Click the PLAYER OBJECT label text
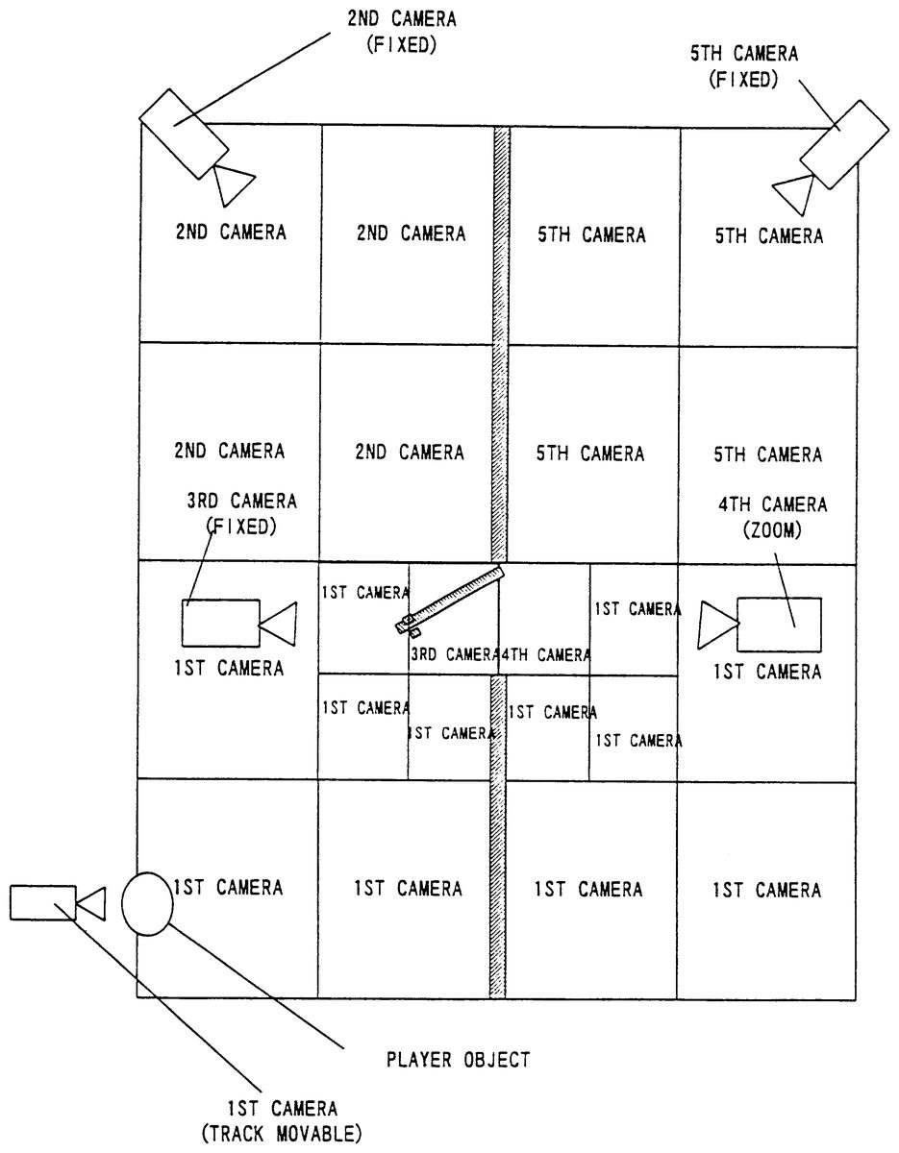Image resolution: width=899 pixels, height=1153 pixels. (x=459, y=1059)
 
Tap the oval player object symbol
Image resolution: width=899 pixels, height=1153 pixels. (x=147, y=903)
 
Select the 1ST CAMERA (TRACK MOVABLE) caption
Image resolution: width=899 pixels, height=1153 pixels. (x=282, y=1121)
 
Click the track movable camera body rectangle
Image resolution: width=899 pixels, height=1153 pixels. (x=43, y=902)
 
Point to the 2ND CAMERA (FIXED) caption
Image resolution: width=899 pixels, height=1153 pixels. (x=402, y=32)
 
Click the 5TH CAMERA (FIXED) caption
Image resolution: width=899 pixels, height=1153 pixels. (x=744, y=66)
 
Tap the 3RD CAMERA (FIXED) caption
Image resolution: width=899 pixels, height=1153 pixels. (x=241, y=514)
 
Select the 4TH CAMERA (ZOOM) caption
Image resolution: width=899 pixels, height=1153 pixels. (x=773, y=517)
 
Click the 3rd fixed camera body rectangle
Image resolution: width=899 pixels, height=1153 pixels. (x=221, y=623)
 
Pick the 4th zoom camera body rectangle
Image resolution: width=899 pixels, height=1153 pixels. (x=779, y=625)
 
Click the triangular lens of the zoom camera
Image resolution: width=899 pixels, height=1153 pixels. (x=717, y=625)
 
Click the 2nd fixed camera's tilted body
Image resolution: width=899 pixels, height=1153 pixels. (x=184, y=134)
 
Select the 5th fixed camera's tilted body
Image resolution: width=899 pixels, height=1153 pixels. (x=844, y=144)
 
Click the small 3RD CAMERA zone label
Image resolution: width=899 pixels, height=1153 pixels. (x=455, y=654)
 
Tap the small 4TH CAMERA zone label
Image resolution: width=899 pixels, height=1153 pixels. (x=546, y=654)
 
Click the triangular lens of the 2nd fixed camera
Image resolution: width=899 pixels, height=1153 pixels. (x=233, y=184)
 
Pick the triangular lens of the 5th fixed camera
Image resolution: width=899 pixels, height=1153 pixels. (x=795, y=194)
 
